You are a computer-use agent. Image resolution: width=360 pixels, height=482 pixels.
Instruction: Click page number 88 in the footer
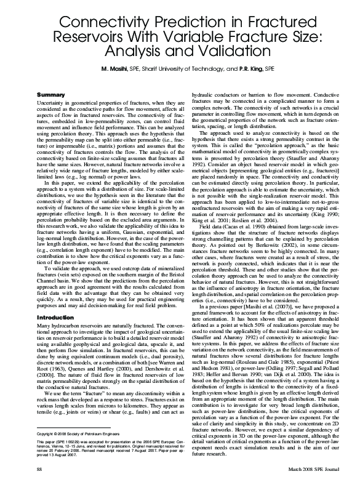[40, 470]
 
